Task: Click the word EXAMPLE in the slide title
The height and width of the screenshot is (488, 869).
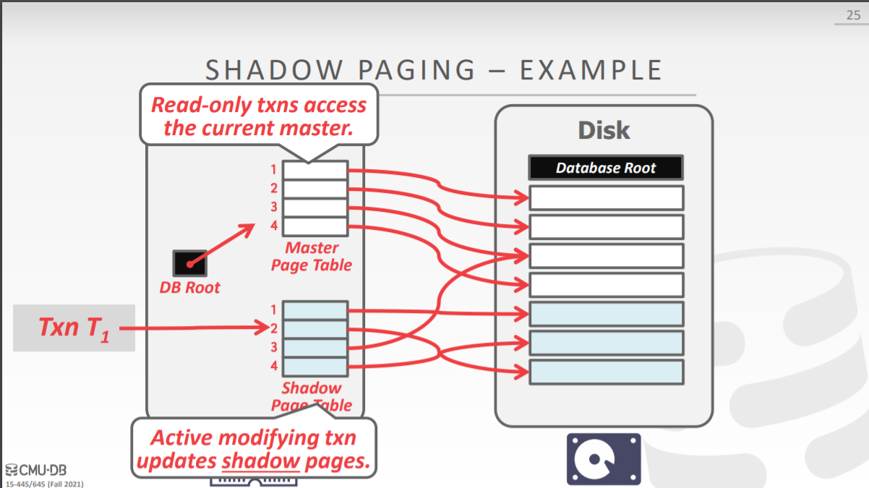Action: point(591,71)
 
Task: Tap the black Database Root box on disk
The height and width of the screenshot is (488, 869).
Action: point(606,168)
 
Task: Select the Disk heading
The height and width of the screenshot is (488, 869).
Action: point(604,131)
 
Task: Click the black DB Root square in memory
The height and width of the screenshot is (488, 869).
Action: point(189,262)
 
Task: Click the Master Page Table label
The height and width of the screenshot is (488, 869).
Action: point(312,257)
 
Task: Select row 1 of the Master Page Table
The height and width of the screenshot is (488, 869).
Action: point(314,171)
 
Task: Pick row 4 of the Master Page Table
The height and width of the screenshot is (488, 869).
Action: point(314,226)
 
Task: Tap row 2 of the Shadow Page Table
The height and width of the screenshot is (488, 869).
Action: point(314,329)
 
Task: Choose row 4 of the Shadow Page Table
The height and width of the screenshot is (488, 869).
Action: point(314,367)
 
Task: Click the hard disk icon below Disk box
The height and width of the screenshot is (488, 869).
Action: point(603,459)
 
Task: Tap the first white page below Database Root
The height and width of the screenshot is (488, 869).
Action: point(606,197)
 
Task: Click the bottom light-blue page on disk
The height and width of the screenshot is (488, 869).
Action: point(606,372)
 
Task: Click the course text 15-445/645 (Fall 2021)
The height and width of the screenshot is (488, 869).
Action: point(44,482)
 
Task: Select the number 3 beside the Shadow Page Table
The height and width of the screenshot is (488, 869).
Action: point(274,348)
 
